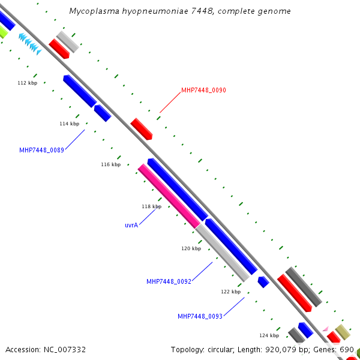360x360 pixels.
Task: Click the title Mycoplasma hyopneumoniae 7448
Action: click(180, 11)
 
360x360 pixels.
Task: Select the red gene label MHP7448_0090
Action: click(203, 91)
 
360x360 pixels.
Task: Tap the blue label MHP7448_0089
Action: click(41, 150)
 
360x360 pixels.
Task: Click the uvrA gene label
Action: click(131, 226)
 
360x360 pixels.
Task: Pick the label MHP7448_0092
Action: click(169, 281)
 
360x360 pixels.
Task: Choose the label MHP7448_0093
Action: click(200, 316)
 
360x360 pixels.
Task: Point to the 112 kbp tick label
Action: click(28, 83)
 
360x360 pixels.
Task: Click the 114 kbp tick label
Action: click(69, 124)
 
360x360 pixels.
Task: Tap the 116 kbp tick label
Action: click(110, 164)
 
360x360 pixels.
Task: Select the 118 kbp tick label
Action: click(151, 206)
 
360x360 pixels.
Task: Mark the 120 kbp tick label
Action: click(191, 248)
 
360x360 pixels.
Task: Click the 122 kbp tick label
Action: click(230, 292)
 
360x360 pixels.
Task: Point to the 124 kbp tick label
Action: click(269, 335)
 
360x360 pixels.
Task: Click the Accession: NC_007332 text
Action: click(46, 349)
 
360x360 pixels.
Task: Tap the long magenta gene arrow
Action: click(169, 196)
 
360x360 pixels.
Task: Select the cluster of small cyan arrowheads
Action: click(29, 44)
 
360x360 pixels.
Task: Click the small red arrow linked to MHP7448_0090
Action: click(142, 128)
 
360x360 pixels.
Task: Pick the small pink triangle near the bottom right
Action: click(325, 329)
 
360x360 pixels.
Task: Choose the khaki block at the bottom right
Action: click(343, 332)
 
